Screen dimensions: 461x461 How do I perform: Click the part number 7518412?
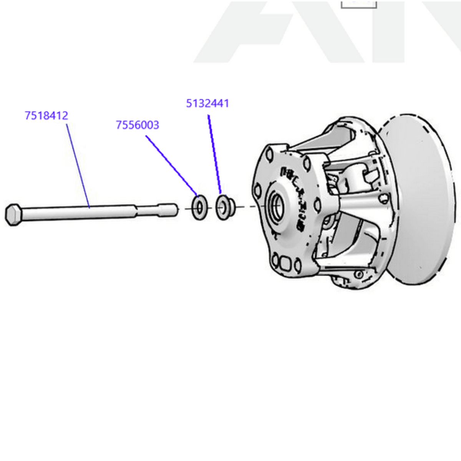click(46, 115)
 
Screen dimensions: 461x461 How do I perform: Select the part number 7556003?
click(137, 125)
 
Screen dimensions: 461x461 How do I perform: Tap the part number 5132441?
click(207, 103)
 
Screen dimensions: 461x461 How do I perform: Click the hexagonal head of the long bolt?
click(13, 214)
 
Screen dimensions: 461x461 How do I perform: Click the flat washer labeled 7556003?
click(200, 208)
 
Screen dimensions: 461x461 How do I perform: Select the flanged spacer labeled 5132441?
click(224, 207)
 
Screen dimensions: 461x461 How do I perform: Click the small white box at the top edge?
click(359, 4)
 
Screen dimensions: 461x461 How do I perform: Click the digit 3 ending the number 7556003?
click(156, 125)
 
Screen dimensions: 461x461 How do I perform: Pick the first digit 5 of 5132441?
click(189, 103)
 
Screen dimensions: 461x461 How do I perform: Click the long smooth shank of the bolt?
click(77, 212)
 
